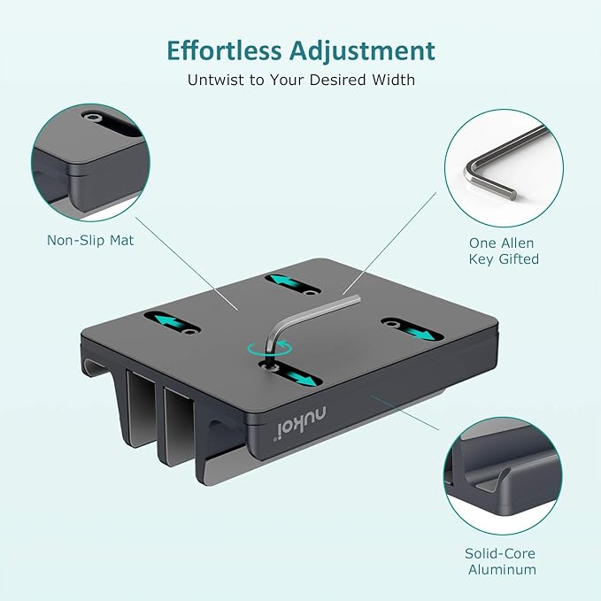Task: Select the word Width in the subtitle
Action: (x=393, y=80)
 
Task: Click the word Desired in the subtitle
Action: (x=340, y=80)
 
